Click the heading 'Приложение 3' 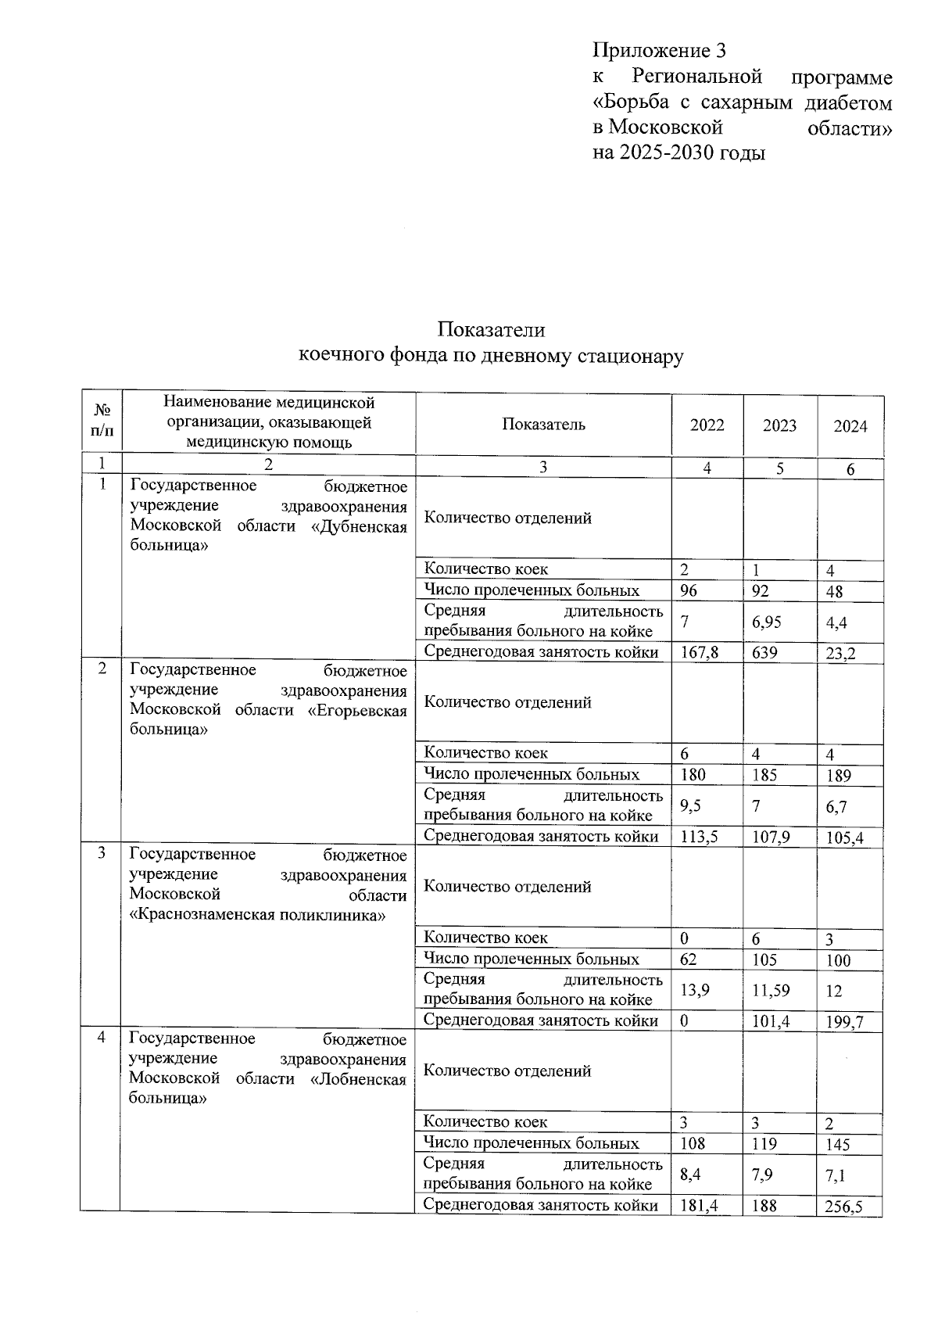(660, 52)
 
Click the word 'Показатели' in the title (491, 329)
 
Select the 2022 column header (707, 425)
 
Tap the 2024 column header (850, 426)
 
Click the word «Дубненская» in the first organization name (360, 526)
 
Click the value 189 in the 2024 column (839, 776)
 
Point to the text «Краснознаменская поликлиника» (258, 914)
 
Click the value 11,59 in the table (771, 990)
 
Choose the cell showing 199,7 (844, 1022)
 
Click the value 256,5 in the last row (844, 1207)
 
